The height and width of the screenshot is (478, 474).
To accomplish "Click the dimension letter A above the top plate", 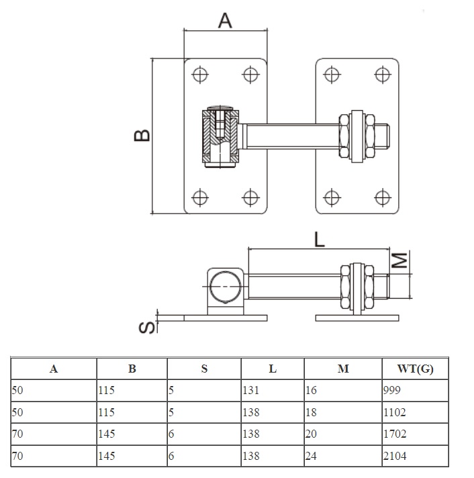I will point(225,21).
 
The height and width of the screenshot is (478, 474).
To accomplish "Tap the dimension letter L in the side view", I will point(319,238).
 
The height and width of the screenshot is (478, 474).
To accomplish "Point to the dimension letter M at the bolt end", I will point(399,260).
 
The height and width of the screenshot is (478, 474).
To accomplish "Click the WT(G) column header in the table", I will point(415,368).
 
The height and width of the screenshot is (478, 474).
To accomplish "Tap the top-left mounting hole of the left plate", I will point(199,73).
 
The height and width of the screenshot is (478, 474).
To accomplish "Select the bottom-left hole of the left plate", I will point(199,197).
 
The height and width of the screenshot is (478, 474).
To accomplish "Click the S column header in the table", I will point(204,368).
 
